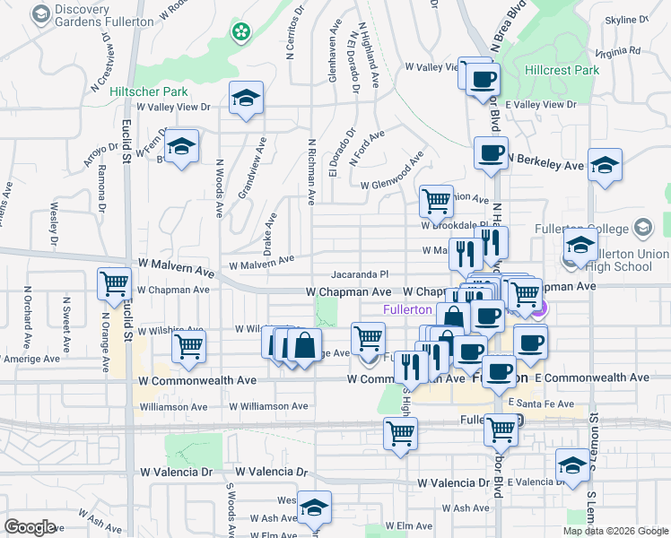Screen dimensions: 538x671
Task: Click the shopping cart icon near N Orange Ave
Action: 114,283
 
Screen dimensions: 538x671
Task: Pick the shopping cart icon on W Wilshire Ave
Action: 188,345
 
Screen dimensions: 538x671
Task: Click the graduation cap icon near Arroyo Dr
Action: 182,147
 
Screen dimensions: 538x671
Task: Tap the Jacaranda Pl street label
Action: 358,274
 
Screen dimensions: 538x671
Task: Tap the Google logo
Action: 30,527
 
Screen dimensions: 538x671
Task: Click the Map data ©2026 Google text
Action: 614,531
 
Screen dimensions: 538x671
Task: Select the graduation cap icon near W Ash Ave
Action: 314,508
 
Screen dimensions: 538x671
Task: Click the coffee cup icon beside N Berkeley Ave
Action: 490,153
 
